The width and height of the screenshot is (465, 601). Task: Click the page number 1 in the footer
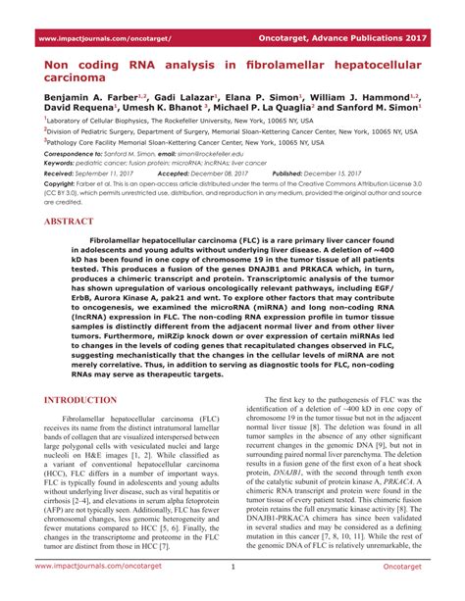pos(232,592)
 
